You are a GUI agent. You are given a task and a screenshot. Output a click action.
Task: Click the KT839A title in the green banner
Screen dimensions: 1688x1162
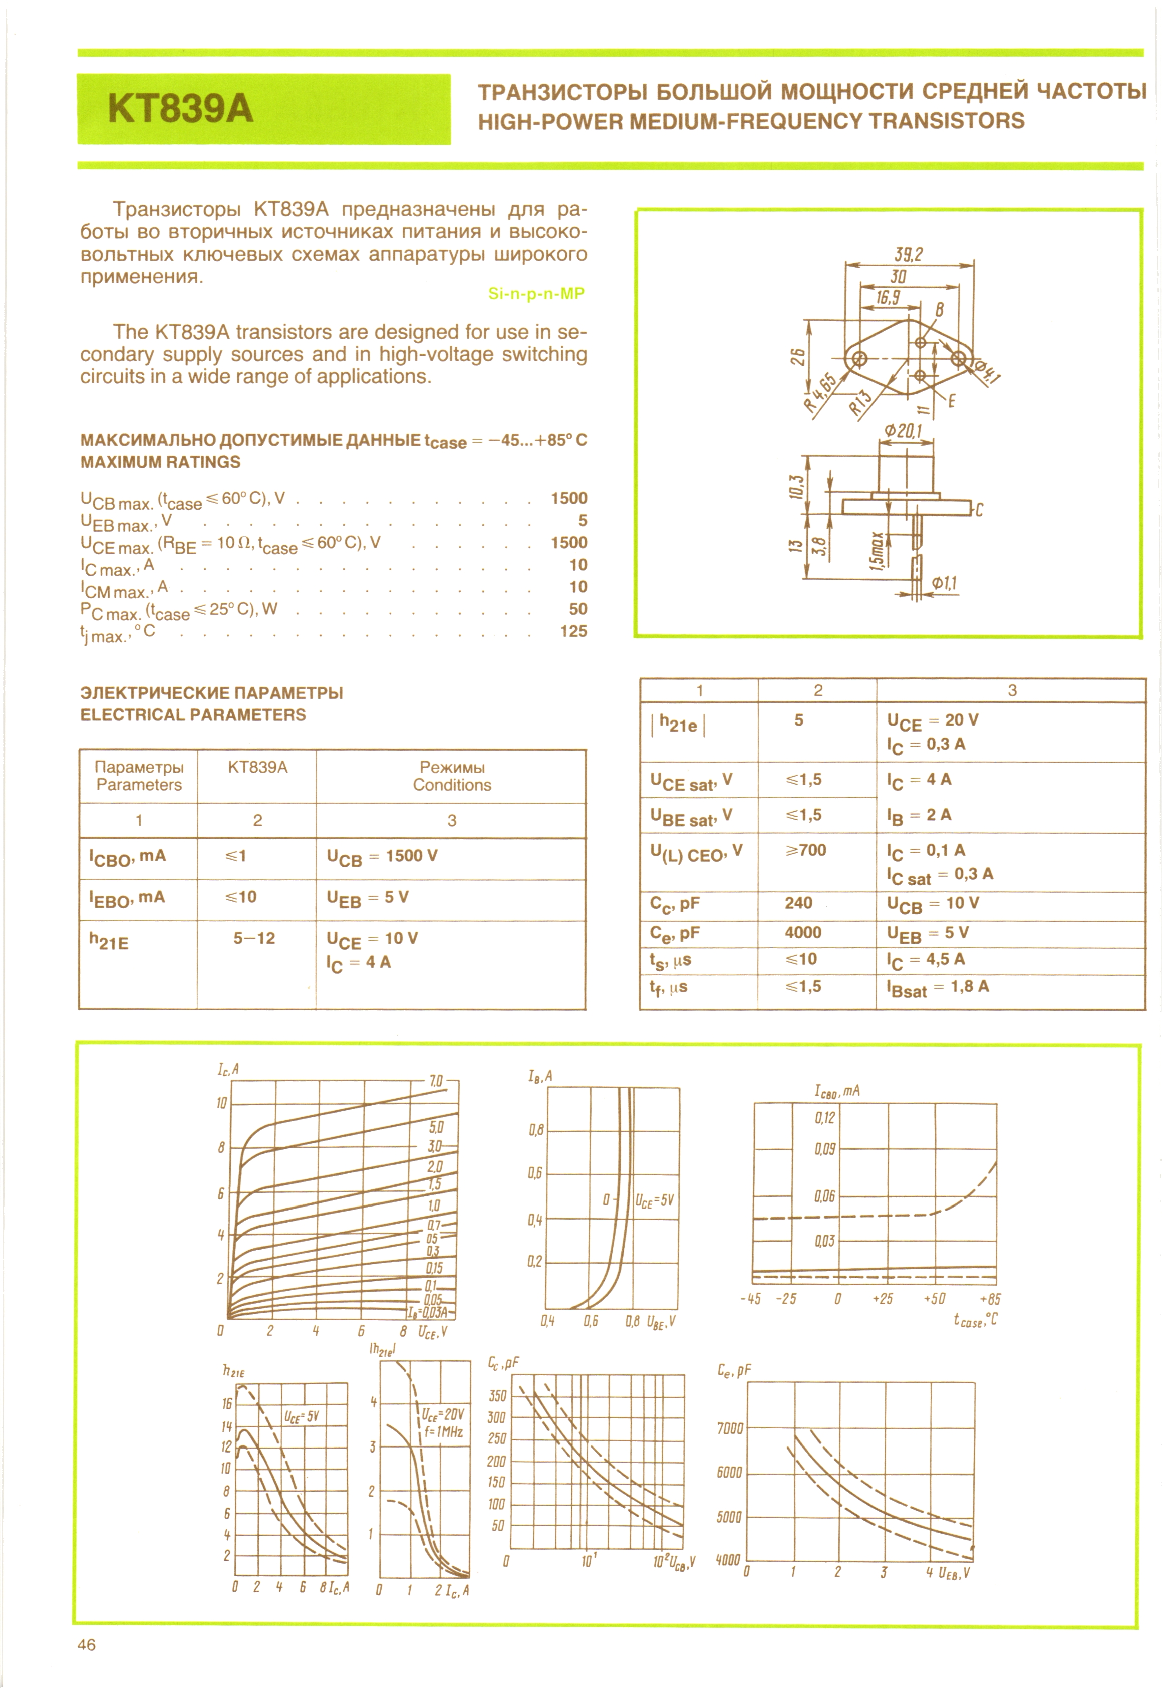(x=181, y=109)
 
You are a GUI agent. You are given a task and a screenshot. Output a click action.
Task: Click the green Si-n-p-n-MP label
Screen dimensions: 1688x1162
(x=536, y=294)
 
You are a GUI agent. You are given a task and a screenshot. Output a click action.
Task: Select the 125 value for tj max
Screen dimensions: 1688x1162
(x=573, y=631)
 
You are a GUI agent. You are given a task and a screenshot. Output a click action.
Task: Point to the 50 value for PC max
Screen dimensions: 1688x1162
(x=577, y=609)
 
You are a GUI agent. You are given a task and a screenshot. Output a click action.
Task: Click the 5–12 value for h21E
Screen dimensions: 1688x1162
(x=254, y=938)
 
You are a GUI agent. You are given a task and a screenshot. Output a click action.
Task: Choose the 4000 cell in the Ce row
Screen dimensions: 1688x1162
(x=802, y=933)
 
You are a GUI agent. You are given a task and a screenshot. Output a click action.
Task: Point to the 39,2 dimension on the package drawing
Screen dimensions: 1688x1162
(x=908, y=254)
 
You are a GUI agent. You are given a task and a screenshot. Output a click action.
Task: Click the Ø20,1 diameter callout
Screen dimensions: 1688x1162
(x=903, y=431)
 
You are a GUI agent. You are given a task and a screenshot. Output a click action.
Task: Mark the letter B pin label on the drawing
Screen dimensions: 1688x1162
(x=939, y=310)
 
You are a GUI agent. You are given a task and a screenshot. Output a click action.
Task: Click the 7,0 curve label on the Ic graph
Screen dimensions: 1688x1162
(x=436, y=1081)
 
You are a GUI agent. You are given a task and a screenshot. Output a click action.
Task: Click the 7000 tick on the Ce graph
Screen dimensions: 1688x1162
(x=730, y=1429)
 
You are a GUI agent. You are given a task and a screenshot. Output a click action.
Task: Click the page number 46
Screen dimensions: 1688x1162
(x=86, y=1645)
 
